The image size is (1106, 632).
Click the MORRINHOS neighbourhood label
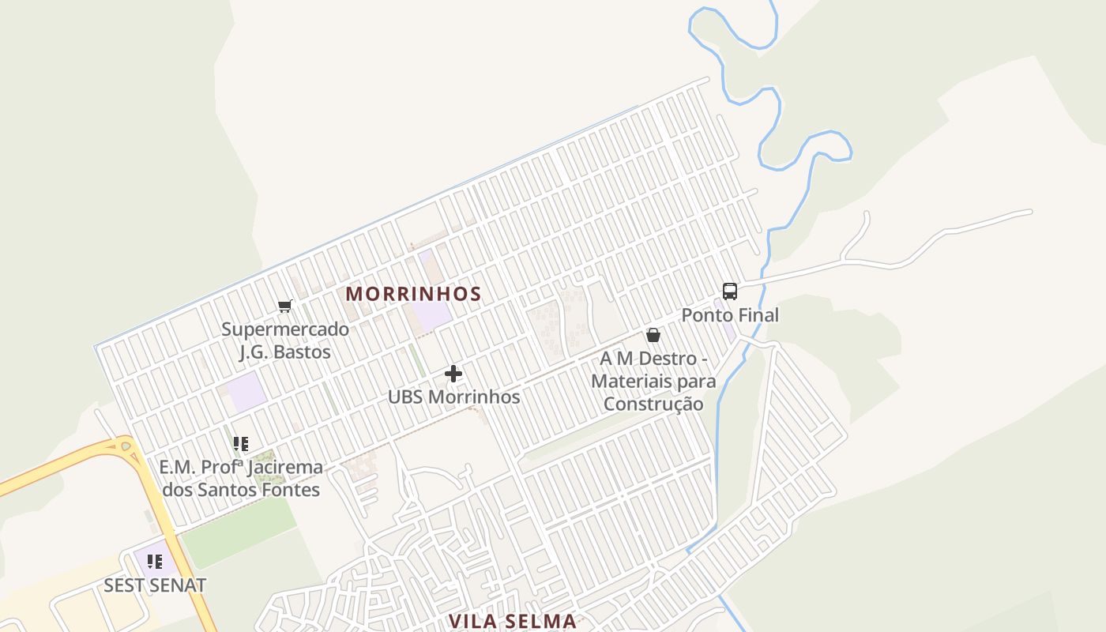413,294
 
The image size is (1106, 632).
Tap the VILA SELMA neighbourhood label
513,621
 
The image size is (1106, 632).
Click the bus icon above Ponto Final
730,291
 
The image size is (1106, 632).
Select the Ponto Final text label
730,315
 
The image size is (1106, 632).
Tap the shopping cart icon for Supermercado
284,306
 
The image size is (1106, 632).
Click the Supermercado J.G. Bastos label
284,340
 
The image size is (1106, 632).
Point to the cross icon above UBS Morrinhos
453,373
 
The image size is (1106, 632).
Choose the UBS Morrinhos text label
453,397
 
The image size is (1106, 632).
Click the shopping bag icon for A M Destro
653,335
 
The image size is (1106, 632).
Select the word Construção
653,404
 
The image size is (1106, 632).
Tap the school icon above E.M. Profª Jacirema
241,443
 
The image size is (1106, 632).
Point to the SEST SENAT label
155,585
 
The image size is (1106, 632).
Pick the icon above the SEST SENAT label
155,562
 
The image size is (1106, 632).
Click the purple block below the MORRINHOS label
431,316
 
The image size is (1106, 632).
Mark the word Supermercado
284,329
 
